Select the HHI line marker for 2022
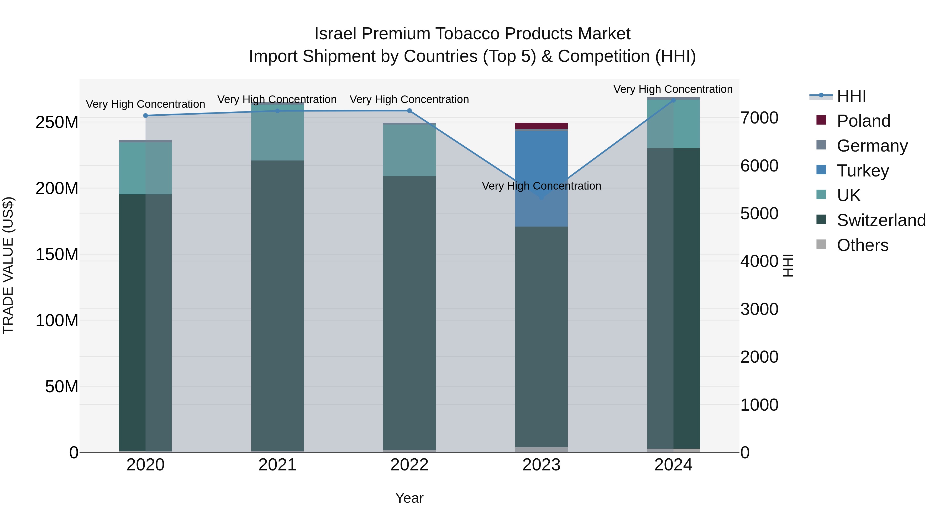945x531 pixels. pyautogui.click(x=409, y=111)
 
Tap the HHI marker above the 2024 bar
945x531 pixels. pyautogui.click(x=673, y=100)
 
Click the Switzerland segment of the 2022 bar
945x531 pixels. pyautogui.click(x=409, y=312)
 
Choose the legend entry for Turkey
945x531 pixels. pyautogui.click(x=863, y=171)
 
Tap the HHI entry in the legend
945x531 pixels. pyautogui.click(x=851, y=96)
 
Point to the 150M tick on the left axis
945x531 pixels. pyautogui.click(x=57, y=254)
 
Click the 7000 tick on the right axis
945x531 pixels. pyautogui.click(x=759, y=118)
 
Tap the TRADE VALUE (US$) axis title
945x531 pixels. pyautogui.click(x=8, y=265)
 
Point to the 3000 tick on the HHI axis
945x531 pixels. pyautogui.click(x=759, y=309)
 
